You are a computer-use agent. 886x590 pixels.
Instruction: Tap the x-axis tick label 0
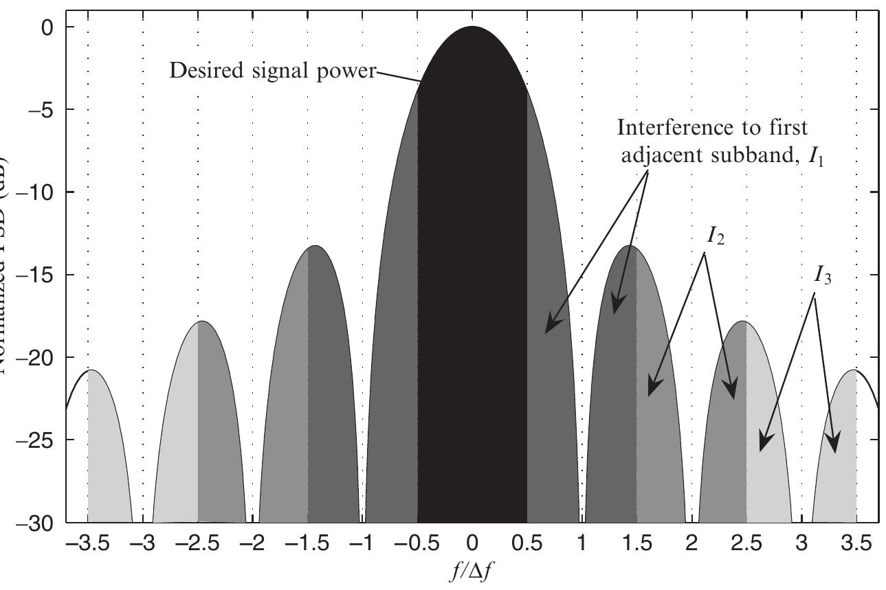(472, 545)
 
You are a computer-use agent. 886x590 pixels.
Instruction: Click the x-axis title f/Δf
(472, 572)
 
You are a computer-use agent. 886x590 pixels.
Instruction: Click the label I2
(716, 236)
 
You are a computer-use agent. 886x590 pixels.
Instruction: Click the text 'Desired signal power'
(273, 70)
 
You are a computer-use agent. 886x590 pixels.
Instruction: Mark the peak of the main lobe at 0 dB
(472, 27)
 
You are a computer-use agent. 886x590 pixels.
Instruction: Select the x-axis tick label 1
(582, 545)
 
